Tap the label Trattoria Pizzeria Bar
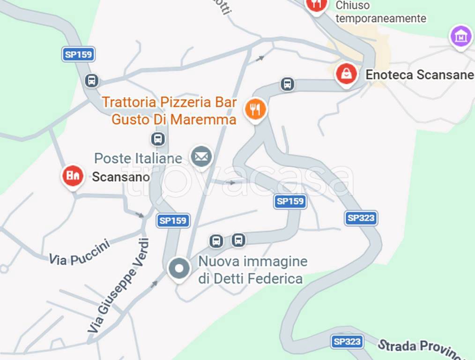[169, 102]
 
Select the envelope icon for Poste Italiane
[201, 157]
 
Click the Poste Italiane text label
[138, 158]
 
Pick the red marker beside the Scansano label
[73, 176]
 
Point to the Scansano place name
[121, 177]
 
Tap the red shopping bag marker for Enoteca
[346, 74]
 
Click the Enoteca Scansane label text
[419, 75]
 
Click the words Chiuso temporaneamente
[380, 12]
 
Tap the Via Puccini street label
[79, 253]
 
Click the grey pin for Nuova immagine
[179, 269]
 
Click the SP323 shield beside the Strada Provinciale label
[347, 342]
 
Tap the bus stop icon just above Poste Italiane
[158, 139]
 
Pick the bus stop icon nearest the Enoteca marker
[287, 84]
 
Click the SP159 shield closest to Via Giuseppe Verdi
[173, 220]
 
